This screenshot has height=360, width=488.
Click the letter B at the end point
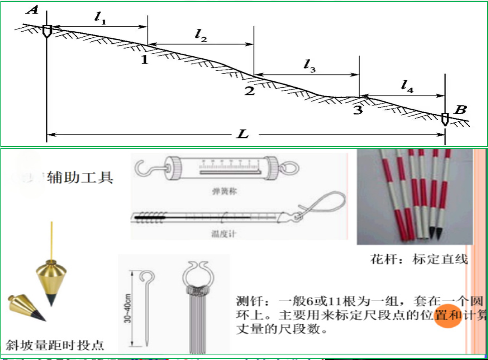[x=460, y=110]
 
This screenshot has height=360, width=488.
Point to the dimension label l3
[x=309, y=65]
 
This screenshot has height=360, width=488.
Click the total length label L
[x=243, y=135]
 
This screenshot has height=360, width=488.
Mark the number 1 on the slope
[x=144, y=60]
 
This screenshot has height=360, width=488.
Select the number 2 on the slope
[x=249, y=91]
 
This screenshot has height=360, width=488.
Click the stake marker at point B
[x=445, y=119]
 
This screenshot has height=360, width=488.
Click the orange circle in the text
[x=448, y=316]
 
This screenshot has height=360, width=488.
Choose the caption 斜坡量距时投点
[x=55, y=345]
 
